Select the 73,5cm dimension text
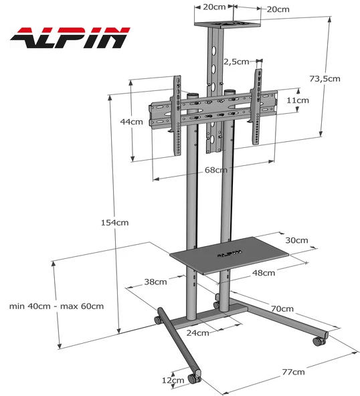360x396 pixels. [325, 78]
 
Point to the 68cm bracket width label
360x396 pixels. [216, 170]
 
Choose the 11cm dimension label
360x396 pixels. [298, 100]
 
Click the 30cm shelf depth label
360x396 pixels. [296, 240]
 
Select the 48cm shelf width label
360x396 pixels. [263, 272]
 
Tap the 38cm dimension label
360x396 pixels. [155, 282]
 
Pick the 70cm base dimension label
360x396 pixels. [282, 308]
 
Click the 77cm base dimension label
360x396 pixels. [293, 371]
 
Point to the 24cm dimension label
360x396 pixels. [197, 332]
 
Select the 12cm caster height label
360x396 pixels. [173, 380]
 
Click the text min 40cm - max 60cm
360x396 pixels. [57, 306]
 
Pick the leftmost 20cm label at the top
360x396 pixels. [214, 7]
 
